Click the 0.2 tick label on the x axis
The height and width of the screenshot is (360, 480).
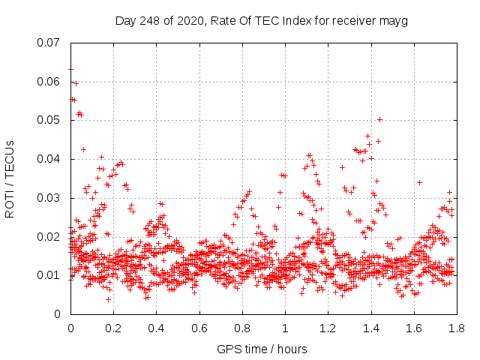(113, 328)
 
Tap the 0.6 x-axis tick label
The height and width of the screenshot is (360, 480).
(199, 328)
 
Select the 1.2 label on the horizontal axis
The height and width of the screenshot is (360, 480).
(327, 328)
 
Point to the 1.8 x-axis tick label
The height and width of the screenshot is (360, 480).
(455, 328)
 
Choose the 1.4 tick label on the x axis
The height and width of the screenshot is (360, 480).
(370, 328)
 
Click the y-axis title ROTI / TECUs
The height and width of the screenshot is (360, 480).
(10, 178)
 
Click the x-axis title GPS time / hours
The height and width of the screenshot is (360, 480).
(262, 349)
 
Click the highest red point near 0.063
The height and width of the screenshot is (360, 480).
(70, 69)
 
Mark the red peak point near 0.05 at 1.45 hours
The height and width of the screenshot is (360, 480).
(379, 119)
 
